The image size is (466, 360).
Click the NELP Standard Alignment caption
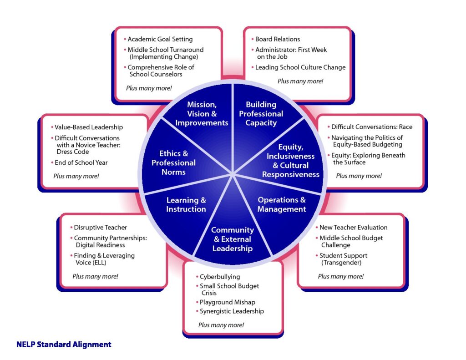click(x=64, y=345)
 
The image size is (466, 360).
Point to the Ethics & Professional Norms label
click(x=173, y=162)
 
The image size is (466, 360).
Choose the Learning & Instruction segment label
click(x=186, y=204)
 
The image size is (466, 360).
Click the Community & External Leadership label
click(x=232, y=239)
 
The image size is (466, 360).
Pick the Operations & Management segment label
click(x=282, y=204)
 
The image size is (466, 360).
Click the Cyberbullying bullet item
click(x=220, y=277)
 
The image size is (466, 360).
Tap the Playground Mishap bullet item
click(x=227, y=302)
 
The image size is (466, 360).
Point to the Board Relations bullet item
click(x=278, y=39)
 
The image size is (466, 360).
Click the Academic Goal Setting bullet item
click(x=160, y=39)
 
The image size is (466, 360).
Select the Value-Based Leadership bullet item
click(x=89, y=127)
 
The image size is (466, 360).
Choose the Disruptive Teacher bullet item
click(x=100, y=228)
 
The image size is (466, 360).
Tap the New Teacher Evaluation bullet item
click(x=353, y=228)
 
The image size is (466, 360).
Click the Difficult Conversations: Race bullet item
click(x=371, y=127)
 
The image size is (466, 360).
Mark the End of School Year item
click(x=81, y=162)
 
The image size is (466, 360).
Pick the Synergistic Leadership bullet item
click(x=232, y=311)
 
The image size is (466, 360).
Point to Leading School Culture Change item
click(x=300, y=67)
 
